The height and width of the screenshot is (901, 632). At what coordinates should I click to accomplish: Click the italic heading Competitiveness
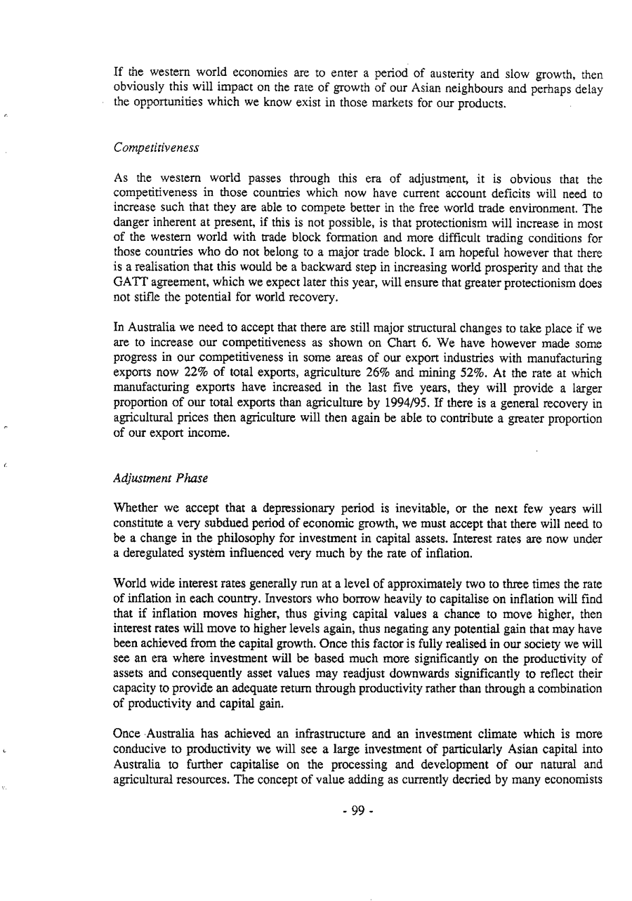click(156, 148)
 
